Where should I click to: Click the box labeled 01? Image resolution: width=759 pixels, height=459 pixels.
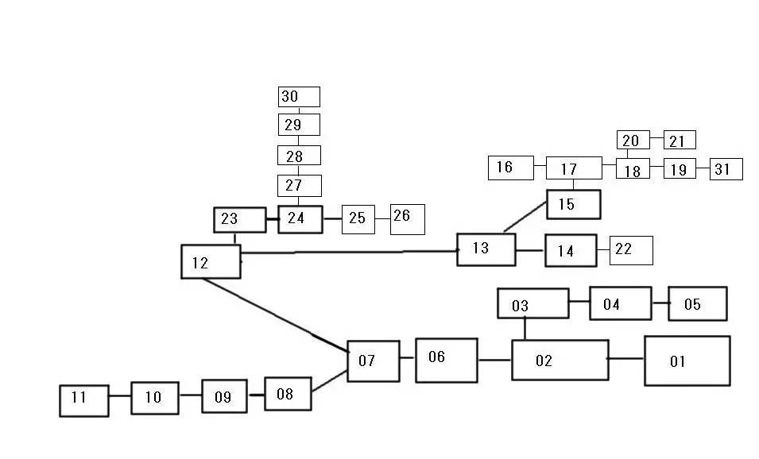pyautogui.click(x=687, y=361)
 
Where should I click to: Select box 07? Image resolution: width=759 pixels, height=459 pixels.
pyautogui.click(x=373, y=361)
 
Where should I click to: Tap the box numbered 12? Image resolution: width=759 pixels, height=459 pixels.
pyautogui.click(x=211, y=261)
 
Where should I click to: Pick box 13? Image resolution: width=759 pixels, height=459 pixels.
pyautogui.click(x=486, y=249)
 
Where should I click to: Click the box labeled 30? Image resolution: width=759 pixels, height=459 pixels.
pyautogui.click(x=299, y=97)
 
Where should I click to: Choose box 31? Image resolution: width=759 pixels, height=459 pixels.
pyautogui.click(x=726, y=169)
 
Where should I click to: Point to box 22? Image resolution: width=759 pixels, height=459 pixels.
pyautogui.click(x=631, y=250)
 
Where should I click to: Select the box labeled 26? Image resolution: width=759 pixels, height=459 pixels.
pyautogui.click(x=407, y=219)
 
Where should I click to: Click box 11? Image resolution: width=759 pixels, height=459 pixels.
pyautogui.click(x=84, y=399)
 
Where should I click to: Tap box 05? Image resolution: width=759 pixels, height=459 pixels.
pyautogui.click(x=697, y=303)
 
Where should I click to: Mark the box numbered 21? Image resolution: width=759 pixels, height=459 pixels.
pyautogui.click(x=680, y=140)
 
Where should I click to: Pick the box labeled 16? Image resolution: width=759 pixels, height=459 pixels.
pyautogui.click(x=511, y=168)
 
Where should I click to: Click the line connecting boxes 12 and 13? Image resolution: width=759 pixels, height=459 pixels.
pyautogui.click(x=350, y=252)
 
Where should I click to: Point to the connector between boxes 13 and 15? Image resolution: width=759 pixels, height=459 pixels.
pyautogui.click(x=525, y=216)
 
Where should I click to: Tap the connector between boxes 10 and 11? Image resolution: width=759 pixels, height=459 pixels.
pyautogui.click(x=119, y=395)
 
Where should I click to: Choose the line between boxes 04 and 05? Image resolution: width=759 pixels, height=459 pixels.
pyautogui.click(x=660, y=303)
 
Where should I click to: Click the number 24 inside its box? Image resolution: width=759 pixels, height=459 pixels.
pyautogui.click(x=296, y=218)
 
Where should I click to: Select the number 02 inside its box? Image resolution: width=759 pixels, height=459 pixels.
pyautogui.click(x=543, y=361)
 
